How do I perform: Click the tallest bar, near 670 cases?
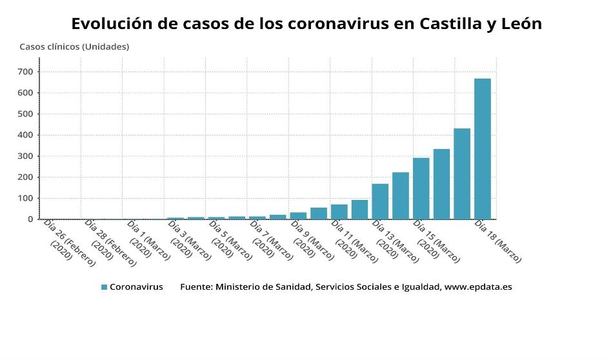[x=482, y=149]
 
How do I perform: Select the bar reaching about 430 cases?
[x=462, y=174]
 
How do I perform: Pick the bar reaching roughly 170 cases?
[x=380, y=201]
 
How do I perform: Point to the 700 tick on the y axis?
[x=26, y=72]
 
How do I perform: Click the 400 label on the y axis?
[x=26, y=135]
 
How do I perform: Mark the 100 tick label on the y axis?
[x=26, y=198]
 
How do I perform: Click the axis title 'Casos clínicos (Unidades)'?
[x=74, y=46]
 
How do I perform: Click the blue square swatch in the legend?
[x=104, y=287]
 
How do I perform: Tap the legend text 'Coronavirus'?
[x=136, y=287]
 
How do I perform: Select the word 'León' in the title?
[x=518, y=24]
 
